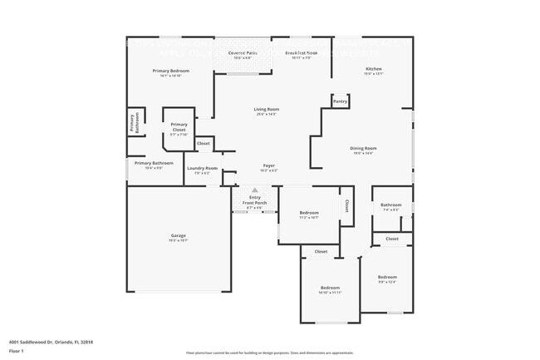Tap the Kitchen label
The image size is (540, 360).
tap(374, 69)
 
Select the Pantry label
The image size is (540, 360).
tap(340, 101)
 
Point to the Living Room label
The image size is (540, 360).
tap(266, 111)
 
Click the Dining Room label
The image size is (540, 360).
tap(364, 149)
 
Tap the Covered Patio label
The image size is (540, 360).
tap(242, 53)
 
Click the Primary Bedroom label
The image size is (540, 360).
tap(171, 72)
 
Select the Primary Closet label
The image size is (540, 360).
tap(179, 129)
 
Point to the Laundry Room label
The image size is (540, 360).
tap(202, 169)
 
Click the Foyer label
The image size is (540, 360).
tap(269, 166)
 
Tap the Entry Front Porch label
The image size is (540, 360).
tap(255, 200)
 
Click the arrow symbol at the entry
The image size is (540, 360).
tap(255, 190)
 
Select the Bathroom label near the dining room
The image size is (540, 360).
tap(391, 205)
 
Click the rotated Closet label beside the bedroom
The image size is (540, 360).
tap(346, 205)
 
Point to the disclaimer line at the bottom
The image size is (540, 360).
tap(269, 353)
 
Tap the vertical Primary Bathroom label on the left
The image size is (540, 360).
tap(132, 123)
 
